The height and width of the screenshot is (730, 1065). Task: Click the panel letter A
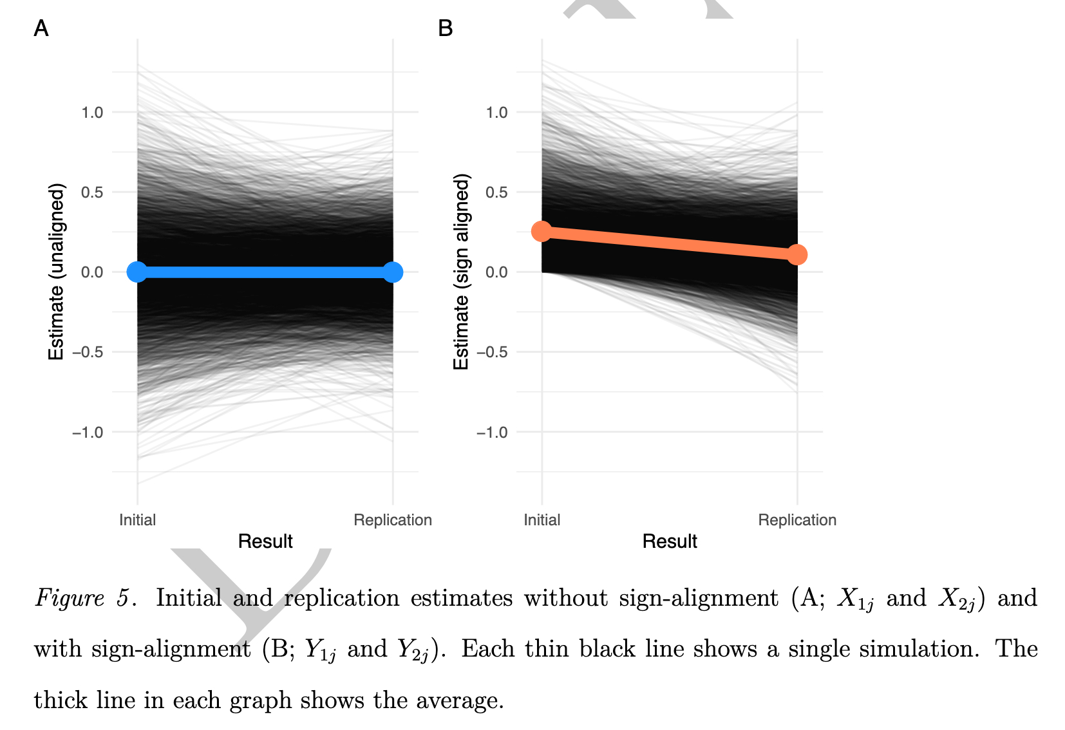[41, 28]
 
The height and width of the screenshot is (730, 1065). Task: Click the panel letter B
[445, 28]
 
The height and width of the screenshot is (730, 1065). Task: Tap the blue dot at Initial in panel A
[137, 272]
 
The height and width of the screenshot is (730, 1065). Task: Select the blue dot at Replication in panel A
[393, 272]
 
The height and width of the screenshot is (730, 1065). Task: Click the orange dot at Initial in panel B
[542, 231]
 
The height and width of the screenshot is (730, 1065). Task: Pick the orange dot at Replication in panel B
[797, 254]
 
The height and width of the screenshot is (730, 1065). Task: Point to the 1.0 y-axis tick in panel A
[92, 113]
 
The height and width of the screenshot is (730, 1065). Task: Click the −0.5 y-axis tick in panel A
[88, 352]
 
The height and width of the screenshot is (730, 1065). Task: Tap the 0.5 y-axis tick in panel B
[496, 192]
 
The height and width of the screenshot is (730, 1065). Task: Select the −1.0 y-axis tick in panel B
[492, 432]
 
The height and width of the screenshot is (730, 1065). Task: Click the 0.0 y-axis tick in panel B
[496, 272]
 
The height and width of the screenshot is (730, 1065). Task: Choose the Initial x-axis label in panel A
[137, 520]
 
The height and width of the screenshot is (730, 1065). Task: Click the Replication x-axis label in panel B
[797, 520]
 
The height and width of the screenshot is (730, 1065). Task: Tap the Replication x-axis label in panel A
[393, 520]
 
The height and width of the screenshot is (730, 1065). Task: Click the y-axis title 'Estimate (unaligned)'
[57, 272]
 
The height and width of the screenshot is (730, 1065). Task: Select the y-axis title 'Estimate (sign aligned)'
[461, 272]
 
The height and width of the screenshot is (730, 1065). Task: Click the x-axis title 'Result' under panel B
[670, 541]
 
